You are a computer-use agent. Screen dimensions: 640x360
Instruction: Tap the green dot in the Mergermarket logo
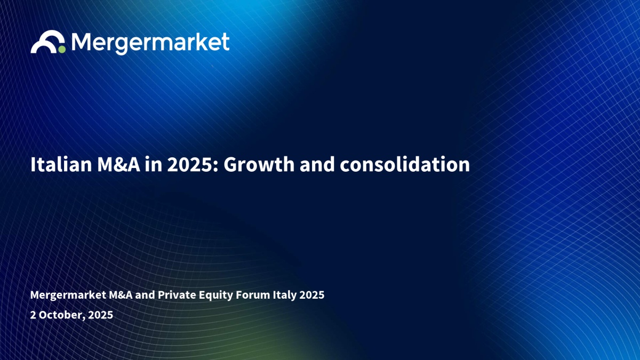(x=62, y=50)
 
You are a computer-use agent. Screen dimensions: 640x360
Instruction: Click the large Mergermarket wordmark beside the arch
(x=150, y=43)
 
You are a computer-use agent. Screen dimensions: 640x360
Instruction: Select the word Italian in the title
(x=61, y=165)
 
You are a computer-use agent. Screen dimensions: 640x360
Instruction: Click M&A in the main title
(x=118, y=165)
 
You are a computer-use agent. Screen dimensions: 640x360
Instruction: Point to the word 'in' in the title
(x=154, y=165)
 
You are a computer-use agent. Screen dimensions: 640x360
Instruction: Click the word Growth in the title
(x=259, y=165)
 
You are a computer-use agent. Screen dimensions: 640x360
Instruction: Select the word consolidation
(x=405, y=165)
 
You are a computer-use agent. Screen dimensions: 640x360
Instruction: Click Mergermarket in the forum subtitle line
(x=68, y=295)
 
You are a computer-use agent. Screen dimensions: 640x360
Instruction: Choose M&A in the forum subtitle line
(x=121, y=295)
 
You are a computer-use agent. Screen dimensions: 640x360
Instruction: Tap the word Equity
(x=215, y=295)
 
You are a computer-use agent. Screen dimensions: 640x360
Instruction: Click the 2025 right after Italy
(x=311, y=295)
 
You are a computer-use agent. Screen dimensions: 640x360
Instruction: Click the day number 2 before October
(x=33, y=315)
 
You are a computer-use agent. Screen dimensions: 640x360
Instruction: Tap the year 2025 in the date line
(x=101, y=315)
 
